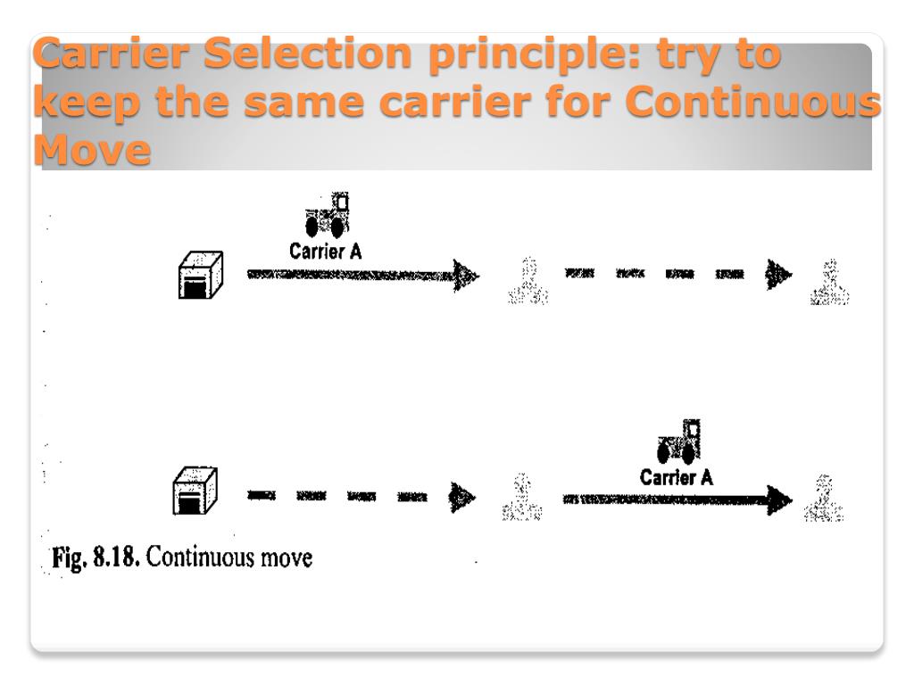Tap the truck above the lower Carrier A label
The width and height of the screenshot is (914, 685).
click(x=678, y=442)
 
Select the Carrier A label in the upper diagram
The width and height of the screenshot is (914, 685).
click(x=326, y=252)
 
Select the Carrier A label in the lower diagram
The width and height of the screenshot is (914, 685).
click(x=677, y=478)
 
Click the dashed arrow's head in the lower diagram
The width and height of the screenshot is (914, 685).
click(x=462, y=497)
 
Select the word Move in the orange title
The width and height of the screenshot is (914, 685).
click(x=91, y=152)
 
